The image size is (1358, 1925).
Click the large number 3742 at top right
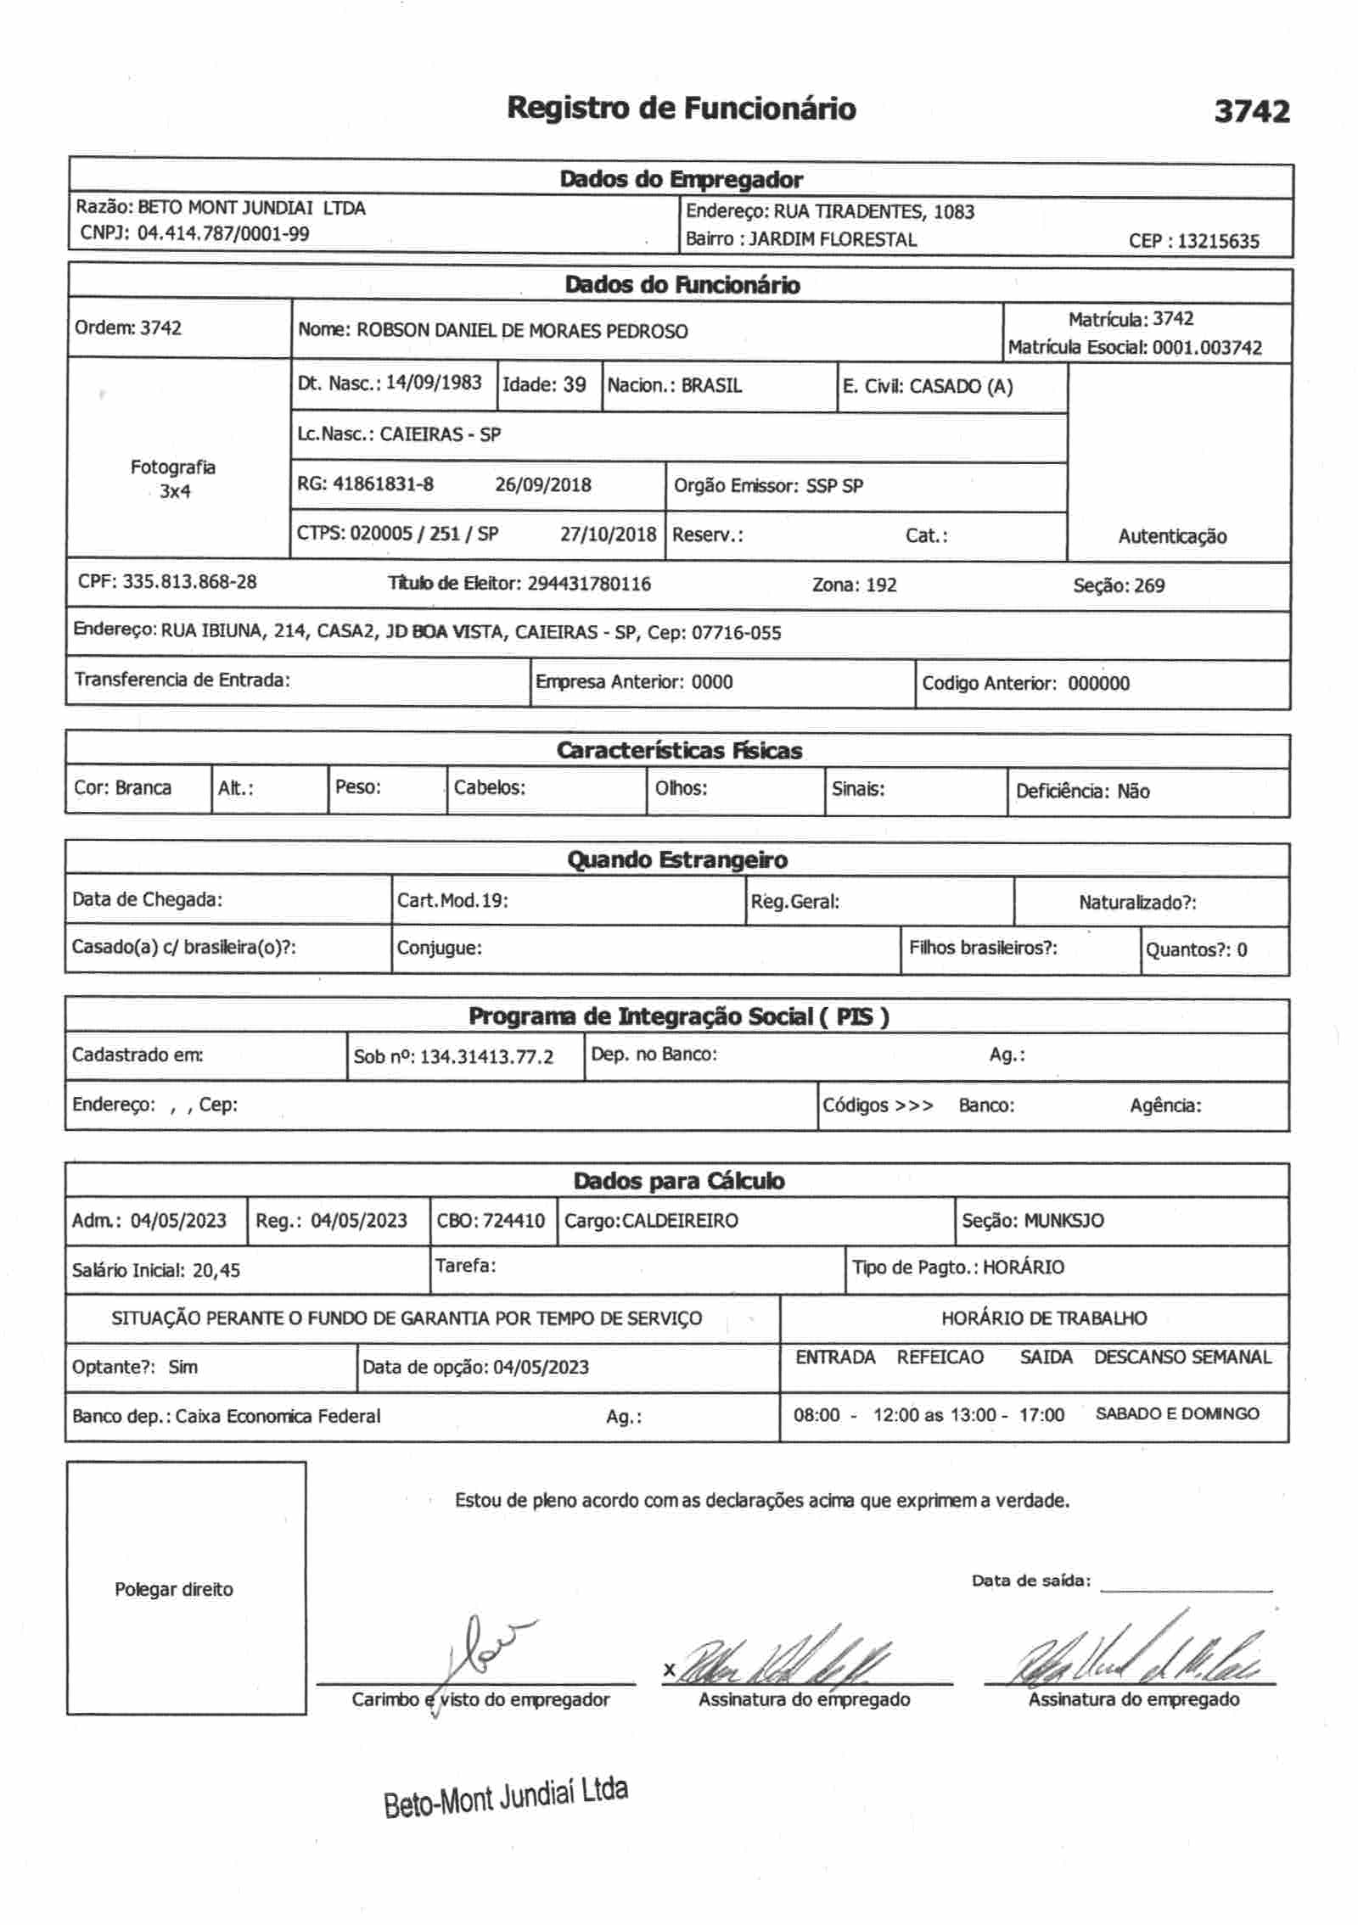[x=1252, y=111]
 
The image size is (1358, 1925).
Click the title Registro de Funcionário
[x=682, y=109]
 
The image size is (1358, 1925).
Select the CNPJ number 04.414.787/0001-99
[x=223, y=233]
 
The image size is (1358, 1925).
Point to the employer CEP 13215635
[x=1218, y=241]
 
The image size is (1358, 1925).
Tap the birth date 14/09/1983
[x=434, y=383]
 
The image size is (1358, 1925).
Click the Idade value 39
[x=574, y=385]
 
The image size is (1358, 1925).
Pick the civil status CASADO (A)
[x=961, y=387]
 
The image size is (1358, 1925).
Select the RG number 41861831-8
[x=383, y=484]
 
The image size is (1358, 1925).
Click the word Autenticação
[x=1172, y=536]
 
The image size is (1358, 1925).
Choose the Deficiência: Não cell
[x=1083, y=792]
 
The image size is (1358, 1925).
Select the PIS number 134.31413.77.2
[x=486, y=1057]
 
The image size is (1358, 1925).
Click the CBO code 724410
[x=514, y=1221]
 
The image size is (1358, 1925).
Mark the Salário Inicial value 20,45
[x=216, y=1270]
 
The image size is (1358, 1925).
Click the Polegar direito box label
[x=174, y=1589]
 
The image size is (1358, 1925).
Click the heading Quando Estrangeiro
[x=677, y=860]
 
